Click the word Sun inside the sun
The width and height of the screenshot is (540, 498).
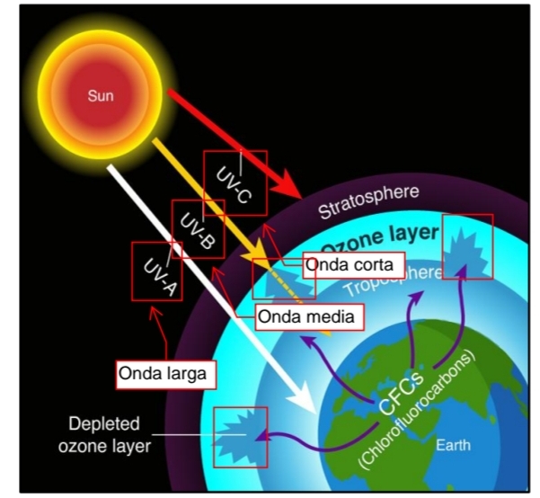[x=101, y=93]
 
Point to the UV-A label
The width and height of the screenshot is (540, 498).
[x=158, y=271]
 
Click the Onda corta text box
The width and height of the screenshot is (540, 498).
[x=348, y=265]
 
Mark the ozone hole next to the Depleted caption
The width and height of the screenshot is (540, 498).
[x=240, y=435]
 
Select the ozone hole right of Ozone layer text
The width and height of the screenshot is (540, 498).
[x=468, y=245]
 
